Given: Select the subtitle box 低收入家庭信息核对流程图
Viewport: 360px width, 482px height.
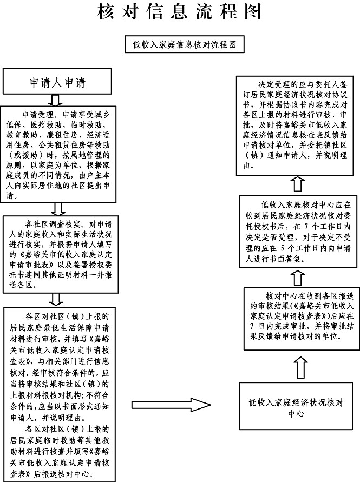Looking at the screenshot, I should point(185,44).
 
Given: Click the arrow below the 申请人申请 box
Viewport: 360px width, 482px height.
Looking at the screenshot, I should point(55,100).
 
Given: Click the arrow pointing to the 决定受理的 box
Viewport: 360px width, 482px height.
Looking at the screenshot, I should point(296,186).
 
